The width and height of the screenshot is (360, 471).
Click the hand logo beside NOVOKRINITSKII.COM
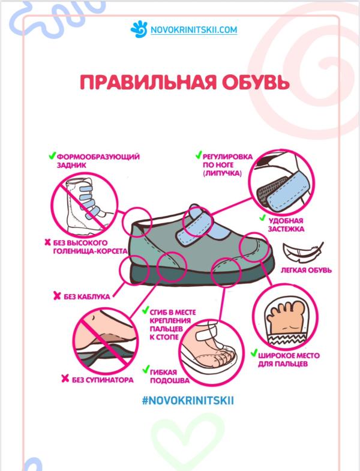click(x=137, y=28)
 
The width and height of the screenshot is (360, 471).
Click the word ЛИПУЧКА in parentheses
click(x=223, y=172)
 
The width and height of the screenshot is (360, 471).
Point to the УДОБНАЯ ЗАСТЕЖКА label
click(x=288, y=224)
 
